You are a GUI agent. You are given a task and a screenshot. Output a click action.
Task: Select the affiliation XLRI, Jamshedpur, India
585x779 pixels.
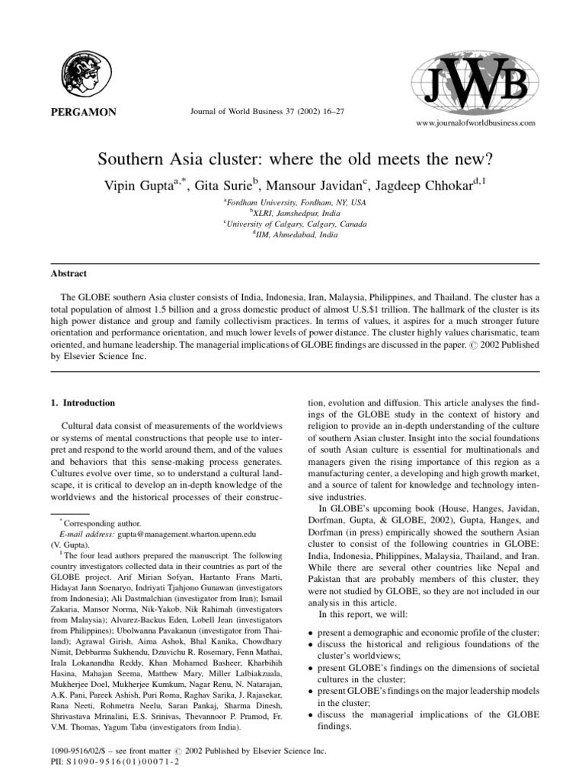pos(292,214)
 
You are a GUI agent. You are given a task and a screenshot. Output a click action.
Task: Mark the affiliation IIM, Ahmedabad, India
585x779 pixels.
pos(292,235)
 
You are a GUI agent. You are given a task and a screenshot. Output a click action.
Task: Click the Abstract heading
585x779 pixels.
pos(69,273)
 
